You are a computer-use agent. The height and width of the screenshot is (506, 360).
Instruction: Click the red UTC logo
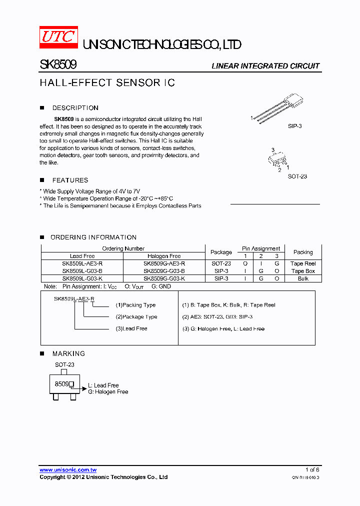58,36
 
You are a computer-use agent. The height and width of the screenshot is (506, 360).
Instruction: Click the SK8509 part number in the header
57,65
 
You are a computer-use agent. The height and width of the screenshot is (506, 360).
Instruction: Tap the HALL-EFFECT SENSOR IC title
107,83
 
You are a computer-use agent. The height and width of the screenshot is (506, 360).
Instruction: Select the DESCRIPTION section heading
75,108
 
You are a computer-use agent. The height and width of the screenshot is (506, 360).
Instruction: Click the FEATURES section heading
70,180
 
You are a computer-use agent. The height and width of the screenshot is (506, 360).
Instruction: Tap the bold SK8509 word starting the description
64,119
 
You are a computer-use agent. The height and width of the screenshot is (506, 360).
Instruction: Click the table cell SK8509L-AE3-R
82,263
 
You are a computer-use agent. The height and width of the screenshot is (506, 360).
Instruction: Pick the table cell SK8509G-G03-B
164,271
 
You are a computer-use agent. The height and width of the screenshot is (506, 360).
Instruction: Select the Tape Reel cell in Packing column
303,263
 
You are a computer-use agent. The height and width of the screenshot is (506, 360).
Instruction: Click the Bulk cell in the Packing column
303,278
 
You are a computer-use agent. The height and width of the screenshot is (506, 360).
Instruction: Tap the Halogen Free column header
164,256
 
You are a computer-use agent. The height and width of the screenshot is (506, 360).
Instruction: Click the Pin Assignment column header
261,248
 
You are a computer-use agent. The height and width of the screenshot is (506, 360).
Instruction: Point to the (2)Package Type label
136,316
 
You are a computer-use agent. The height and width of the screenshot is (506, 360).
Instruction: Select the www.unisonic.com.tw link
68,469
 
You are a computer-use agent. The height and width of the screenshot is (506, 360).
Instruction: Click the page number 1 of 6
312,469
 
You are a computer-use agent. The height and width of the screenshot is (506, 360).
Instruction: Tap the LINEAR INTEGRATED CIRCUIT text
265,66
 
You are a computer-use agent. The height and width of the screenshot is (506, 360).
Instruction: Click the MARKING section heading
68,353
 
